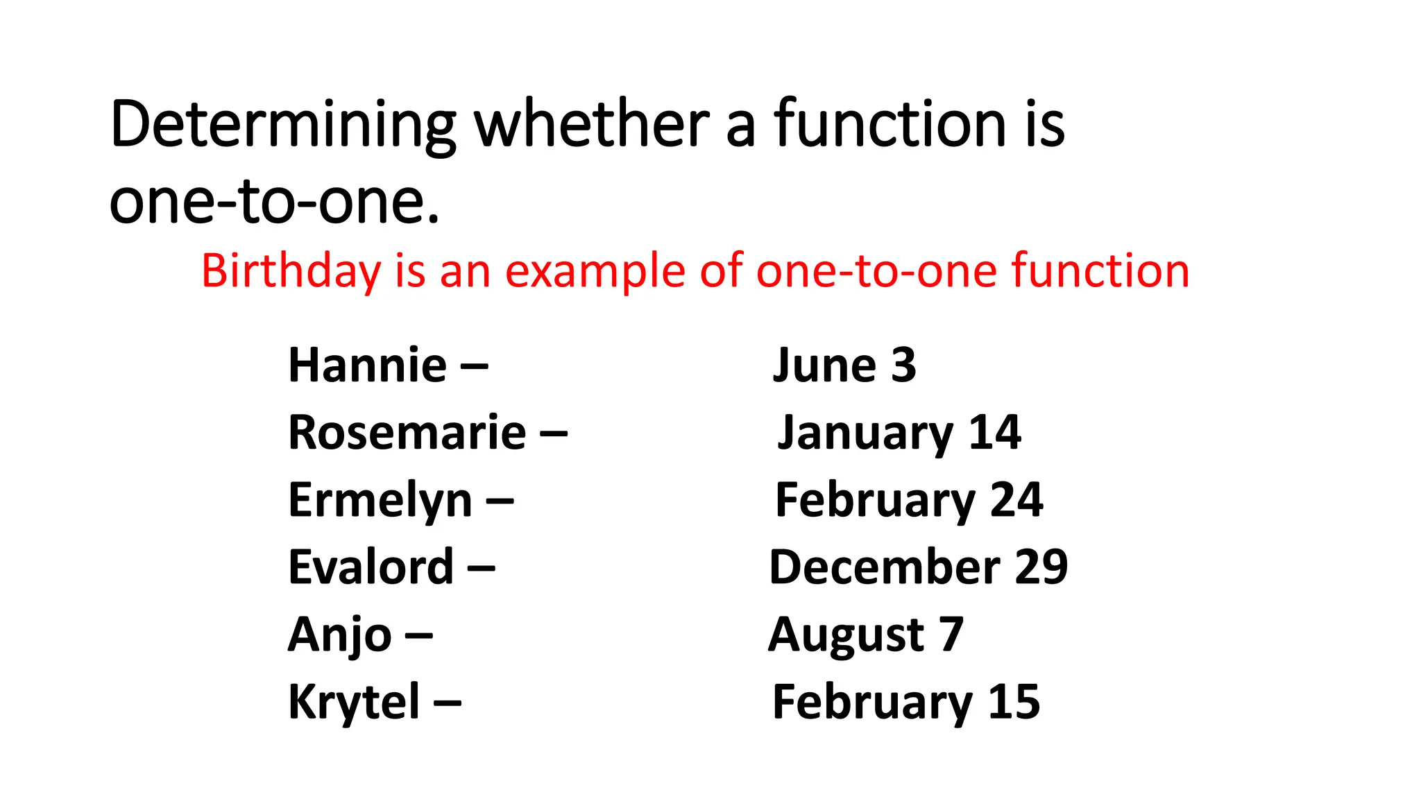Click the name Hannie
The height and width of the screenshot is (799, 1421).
coord(367,366)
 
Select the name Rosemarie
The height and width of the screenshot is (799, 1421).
coord(407,433)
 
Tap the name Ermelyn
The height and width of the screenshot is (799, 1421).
coord(380,500)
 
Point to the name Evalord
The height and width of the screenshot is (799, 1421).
coord(371,567)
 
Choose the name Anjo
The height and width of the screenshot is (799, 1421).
coord(340,635)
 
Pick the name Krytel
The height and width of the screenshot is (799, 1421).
coord(354,702)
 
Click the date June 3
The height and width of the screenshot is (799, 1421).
coord(844,366)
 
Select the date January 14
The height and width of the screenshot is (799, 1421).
coord(899,433)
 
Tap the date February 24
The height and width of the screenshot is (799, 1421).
coord(909,500)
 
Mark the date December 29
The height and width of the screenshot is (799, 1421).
coord(919,567)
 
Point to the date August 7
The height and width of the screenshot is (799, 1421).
coord(866,635)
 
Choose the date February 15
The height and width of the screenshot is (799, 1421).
coord(906,702)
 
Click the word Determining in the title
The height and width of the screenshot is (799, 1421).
coord(283,125)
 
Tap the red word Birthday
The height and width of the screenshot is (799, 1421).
coord(291,270)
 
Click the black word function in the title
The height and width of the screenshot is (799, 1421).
coord(890,125)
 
